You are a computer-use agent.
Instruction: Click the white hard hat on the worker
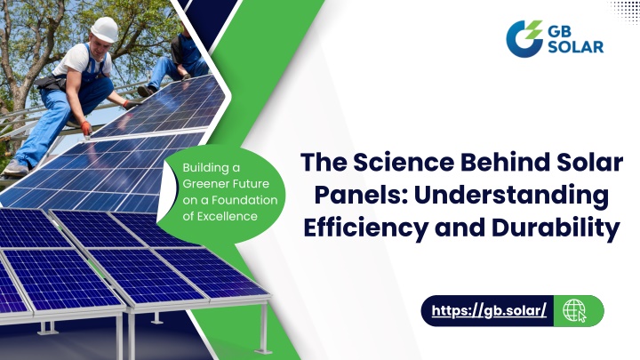point(105,29)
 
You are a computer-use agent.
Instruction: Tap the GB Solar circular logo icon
point(524,39)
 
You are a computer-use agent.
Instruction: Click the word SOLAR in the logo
point(575,46)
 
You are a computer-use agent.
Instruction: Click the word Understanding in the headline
point(511,196)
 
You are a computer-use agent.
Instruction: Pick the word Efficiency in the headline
point(365,228)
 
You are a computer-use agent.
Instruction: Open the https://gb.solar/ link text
point(489,310)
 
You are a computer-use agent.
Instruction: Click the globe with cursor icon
point(574,311)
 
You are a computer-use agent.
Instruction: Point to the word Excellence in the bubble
point(227,216)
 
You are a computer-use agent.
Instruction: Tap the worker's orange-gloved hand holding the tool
point(86,128)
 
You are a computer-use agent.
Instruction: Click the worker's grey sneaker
point(16,168)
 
